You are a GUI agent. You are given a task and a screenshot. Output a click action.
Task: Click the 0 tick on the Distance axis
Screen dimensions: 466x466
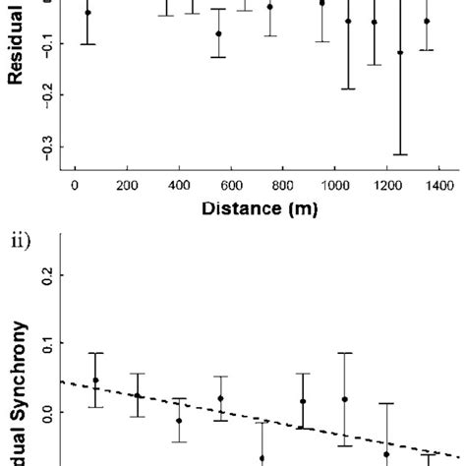click(x=76, y=183)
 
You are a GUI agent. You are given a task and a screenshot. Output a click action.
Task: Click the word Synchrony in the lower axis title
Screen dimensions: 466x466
click(x=18, y=383)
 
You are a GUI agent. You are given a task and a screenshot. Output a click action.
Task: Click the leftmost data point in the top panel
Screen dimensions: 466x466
click(x=87, y=12)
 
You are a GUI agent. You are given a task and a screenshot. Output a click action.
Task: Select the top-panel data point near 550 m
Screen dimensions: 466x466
click(x=218, y=33)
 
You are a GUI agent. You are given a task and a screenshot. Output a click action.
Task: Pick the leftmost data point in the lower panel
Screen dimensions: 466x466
click(x=95, y=380)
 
